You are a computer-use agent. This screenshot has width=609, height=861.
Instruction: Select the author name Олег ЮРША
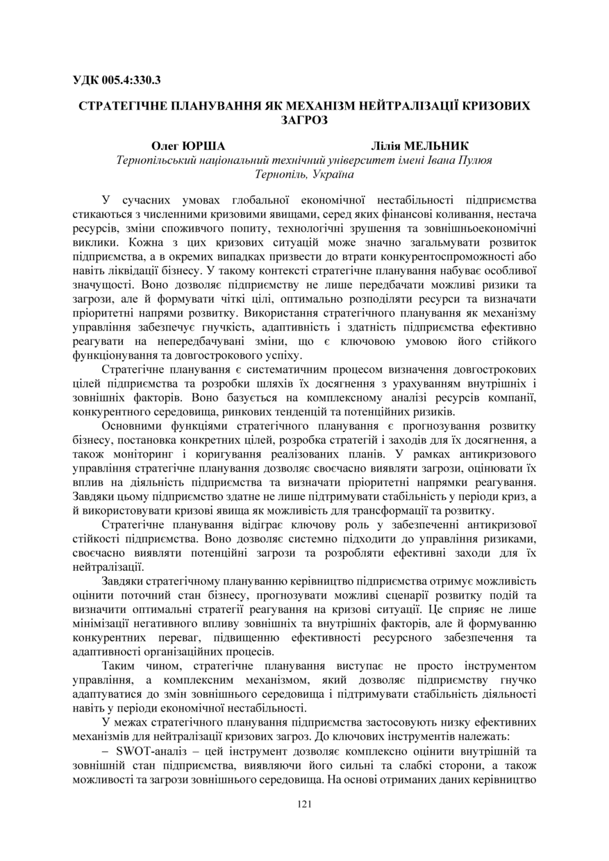point(188,146)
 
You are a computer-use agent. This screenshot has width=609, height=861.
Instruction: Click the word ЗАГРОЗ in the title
point(304,119)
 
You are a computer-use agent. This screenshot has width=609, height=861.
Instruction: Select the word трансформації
point(394,509)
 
